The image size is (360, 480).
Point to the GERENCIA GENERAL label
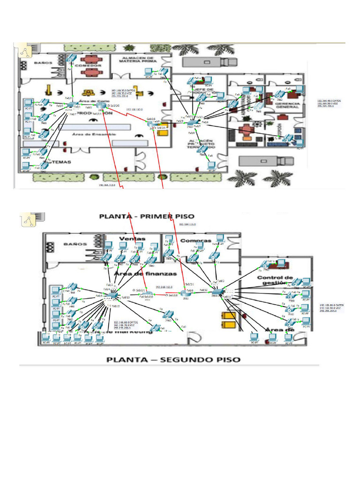tap(287, 105)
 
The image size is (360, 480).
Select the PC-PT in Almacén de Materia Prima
tap(149, 73)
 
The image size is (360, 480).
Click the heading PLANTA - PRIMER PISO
tap(147, 216)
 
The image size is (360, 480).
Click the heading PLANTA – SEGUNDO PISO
tap(173, 360)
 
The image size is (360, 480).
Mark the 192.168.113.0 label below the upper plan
tap(107, 185)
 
